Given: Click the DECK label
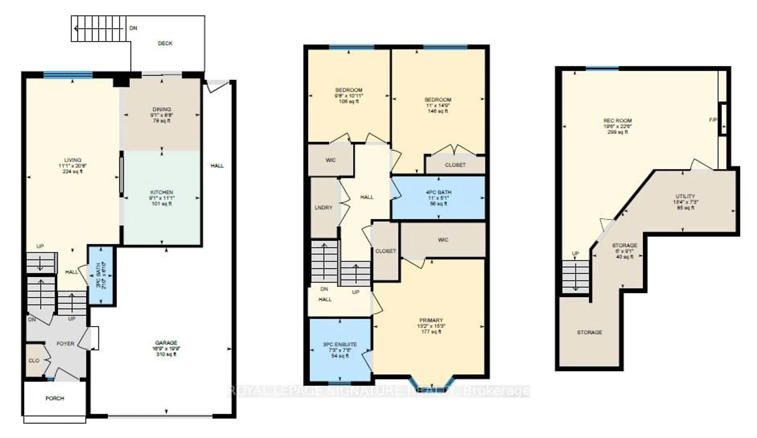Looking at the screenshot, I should [165, 43].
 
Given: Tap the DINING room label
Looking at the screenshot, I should [162, 109].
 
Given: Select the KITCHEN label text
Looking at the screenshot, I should [162, 192].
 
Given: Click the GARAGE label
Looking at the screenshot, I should [166, 343].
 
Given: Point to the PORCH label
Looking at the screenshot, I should [55, 398].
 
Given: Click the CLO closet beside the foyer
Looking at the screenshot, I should [34, 360].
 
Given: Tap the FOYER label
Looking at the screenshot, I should [65, 344].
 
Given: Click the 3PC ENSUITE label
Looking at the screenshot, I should [340, 344].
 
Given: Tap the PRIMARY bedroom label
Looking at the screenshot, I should [431, 320].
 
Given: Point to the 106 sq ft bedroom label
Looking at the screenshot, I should [349, 90].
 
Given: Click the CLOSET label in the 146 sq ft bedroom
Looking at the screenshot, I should [455, 165].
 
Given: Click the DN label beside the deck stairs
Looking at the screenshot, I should [133, 28].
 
